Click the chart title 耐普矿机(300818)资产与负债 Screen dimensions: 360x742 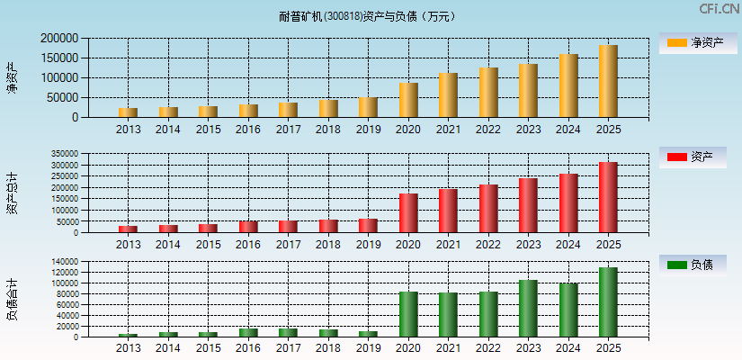pos(367,16)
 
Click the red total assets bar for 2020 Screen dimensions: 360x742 pos(408,213)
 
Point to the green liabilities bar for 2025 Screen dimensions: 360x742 pos(608,302)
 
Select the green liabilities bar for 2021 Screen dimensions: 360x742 pos(448,315)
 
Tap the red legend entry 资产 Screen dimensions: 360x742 pos(690,157)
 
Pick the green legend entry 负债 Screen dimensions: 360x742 pos(690,265)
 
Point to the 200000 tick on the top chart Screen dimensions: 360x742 pos(58,39)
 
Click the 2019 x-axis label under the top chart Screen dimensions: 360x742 pos(368,130)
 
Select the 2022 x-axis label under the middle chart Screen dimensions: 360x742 pos(488,245)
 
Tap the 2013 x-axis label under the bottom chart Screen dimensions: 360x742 pos(128,349)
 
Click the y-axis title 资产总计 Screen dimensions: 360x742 pos(13,193)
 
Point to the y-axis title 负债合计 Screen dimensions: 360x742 pos(13,300)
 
